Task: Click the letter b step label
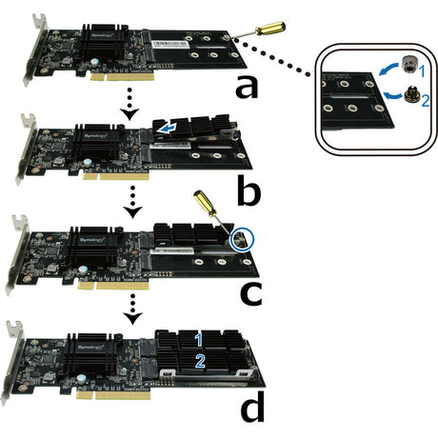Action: click(x=249, y=190)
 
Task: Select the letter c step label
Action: click(x=250, y=293)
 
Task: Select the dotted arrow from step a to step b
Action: click(x=130, y=101)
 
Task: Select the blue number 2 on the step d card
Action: click(x=199, y=360)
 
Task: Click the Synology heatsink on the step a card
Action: click(x=104, y=44)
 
